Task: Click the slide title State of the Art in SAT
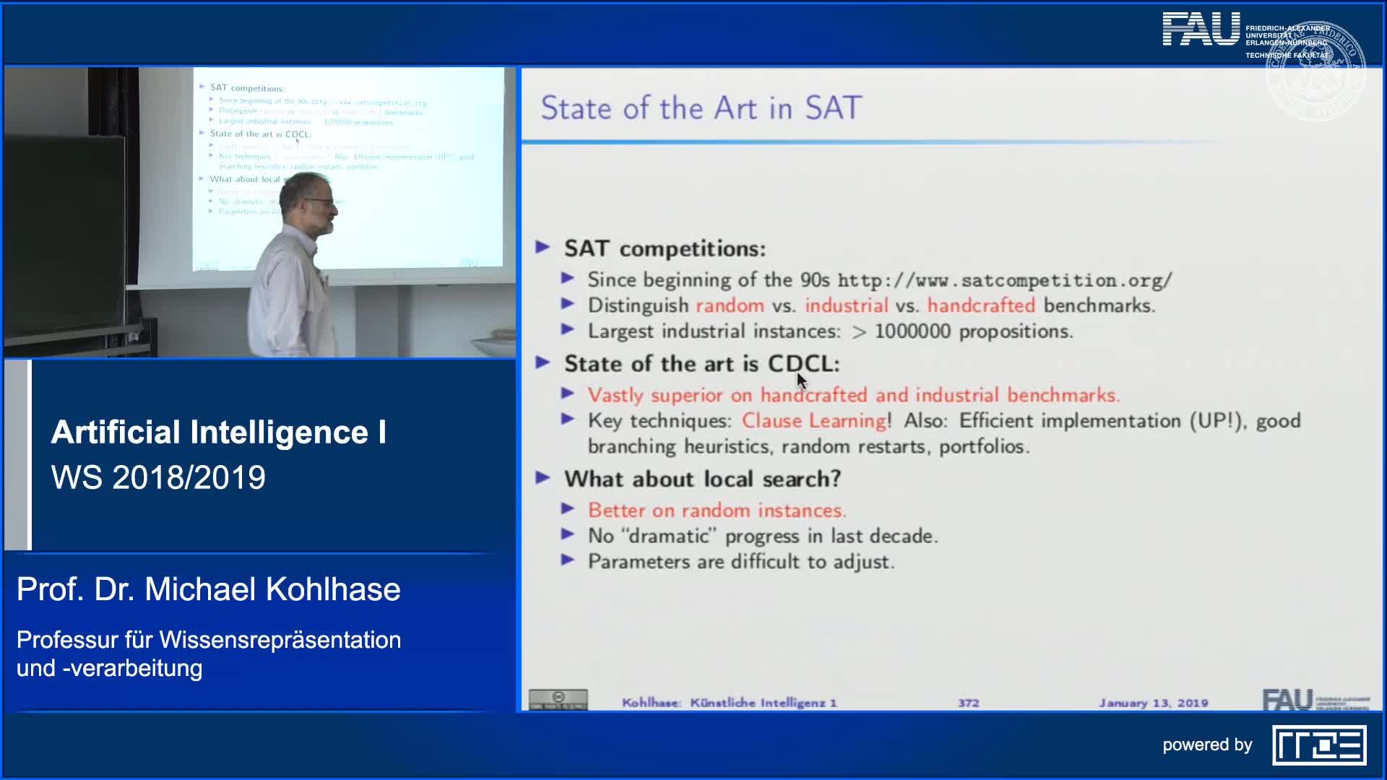coord(701,108)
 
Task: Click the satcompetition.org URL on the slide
coord(1004,280)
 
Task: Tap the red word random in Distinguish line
coord(730,305)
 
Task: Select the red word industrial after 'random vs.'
coord(846,305)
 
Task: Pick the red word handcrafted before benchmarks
coord(981,305)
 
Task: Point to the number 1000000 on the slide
coord(912,331)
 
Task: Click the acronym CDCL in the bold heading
coord(800,363)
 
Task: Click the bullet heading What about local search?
coord(702,479)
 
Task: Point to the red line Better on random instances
coord(716,511)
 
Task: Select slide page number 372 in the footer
coord(969,703)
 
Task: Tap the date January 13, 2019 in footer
coord(1153,703)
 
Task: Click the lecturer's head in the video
coord(307,202)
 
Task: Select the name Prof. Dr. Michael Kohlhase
coord(208,589)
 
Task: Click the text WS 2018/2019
coord(158,477)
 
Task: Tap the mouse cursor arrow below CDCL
coord(801,381)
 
